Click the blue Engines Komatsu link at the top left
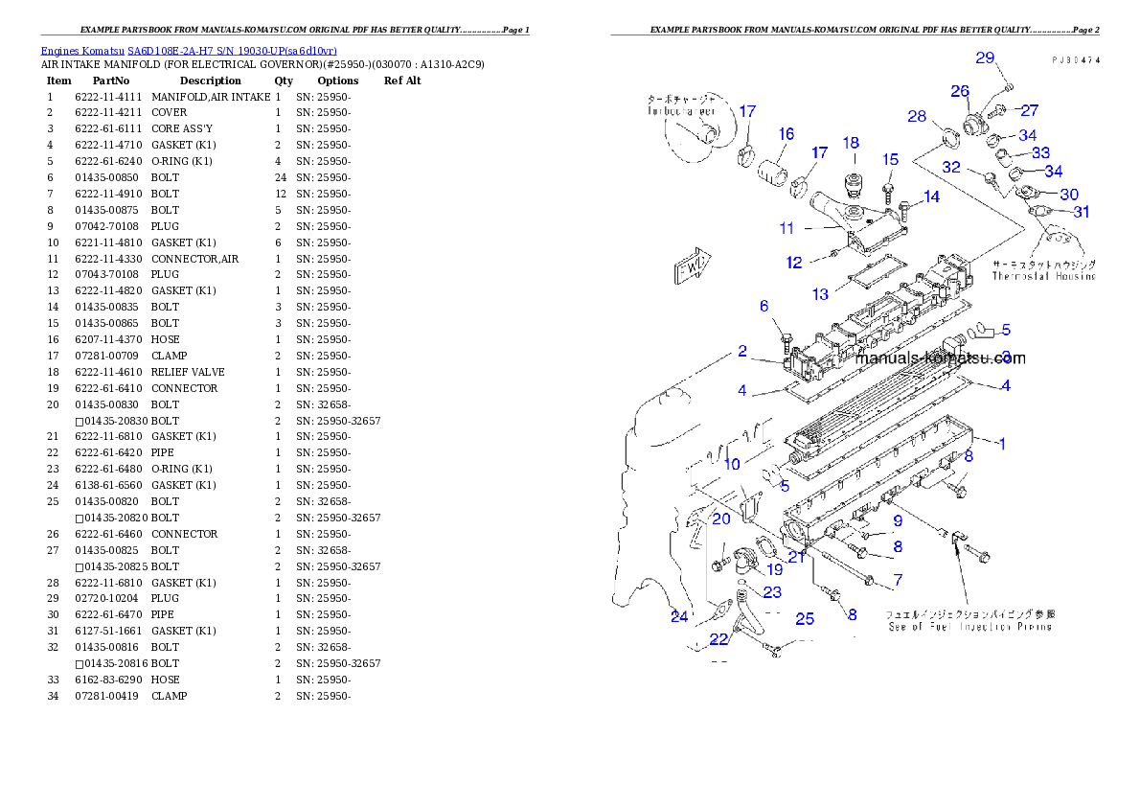pyautogui.click(x=188, y=50)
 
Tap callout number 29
pyautogui.click(x=986, y=58)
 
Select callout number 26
pyautogui.click(x=960, y=91)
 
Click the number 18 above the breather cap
pyautogui.click(x=851, y=143)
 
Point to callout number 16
pyautogui.click(x=786, y=134)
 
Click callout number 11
pyautogui.click(x=787, y=228)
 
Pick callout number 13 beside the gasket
pyautogui.click(x=821, y=294)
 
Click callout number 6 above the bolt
pyautogui.click(x=764, y=306)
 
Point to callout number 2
pyautogui.click(x=742, y=352)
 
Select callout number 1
pyautogui.click(x=1001, y=443)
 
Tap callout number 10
pyautogui.click(x=732, y=465)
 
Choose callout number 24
pyautogui.click(x=679, y=616)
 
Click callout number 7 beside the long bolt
pyautogui.click(x=898, y=580)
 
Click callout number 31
pyautogui.click(x=1081, y=212)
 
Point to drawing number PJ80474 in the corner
pyautogui.click(x=1075, y=59)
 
